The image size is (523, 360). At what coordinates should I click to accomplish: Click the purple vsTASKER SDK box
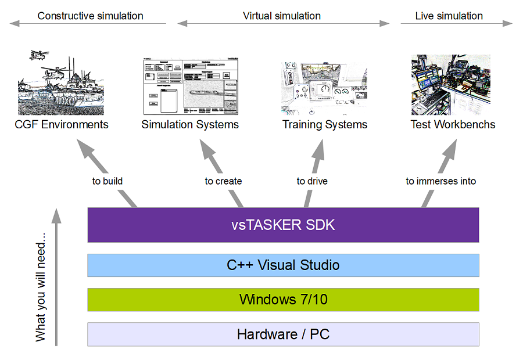[x=283, y=225]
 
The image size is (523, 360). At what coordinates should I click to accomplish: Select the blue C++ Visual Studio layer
[x=283, y=265]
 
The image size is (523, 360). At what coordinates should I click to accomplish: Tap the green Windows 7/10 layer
[x=283, y=300]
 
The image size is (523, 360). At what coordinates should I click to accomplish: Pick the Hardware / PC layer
[x=283, y=334]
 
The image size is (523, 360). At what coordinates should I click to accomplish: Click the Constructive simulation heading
[x=90, y=16]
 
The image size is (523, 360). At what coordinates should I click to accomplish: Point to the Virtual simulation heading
[x=282, y=16]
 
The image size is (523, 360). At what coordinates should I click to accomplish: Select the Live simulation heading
[x=449, y=16]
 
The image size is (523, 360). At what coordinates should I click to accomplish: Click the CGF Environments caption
[x=62, y=124]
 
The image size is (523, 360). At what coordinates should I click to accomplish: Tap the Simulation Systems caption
[x=190, y=124]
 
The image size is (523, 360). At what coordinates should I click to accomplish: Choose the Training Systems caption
[x=325, y=124]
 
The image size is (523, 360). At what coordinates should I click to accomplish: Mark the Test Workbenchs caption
[x=453, y=124]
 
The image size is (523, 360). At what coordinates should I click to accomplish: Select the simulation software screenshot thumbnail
[x=191, y=86]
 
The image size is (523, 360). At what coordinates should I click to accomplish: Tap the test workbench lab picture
[x=451, y=85]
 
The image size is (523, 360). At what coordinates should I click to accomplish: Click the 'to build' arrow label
[x=108, y=181]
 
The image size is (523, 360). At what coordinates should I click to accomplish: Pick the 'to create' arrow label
[x=223, y=181]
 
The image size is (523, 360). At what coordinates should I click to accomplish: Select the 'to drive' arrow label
[x=312, y=181]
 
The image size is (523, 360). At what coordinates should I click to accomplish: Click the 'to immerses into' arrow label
[x=440, y=181]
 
